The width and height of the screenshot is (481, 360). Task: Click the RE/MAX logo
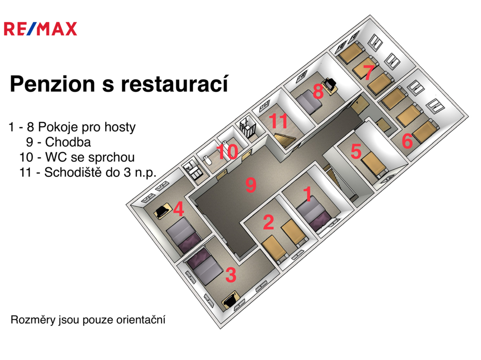[x=40, y=29]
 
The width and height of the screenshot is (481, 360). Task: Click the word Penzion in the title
[x=53, y=84]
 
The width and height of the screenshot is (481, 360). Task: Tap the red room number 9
[x=251, y=185]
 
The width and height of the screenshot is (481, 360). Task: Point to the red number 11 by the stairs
[x=279, y=121]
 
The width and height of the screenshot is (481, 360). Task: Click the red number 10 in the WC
[x=227, y=152]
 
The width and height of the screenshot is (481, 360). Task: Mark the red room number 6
[x=407, y=141]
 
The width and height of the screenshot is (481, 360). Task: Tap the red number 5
[x=356, y=151]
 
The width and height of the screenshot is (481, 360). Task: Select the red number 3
[x=231, y=275]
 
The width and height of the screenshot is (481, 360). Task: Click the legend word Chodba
[x=68, y=142]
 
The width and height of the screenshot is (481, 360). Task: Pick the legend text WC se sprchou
[x=90, y=157]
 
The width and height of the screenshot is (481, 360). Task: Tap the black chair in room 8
[x=331, y=83]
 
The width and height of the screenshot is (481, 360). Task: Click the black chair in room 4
[x=162, y=211]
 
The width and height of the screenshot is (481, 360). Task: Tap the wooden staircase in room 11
[x=285, y=139]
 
